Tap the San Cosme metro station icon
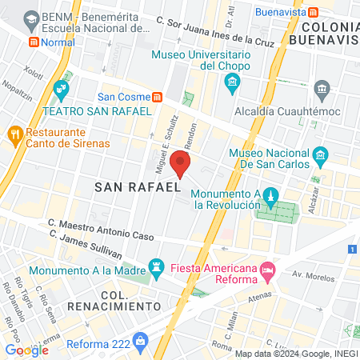coord(158,97)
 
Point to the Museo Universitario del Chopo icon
coord(232,81)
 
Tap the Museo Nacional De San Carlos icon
coord(320,154)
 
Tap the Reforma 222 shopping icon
coord(142,342)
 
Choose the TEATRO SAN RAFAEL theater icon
coord(61,87)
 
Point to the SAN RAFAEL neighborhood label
coord(137,187)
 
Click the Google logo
coord(26,350)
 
